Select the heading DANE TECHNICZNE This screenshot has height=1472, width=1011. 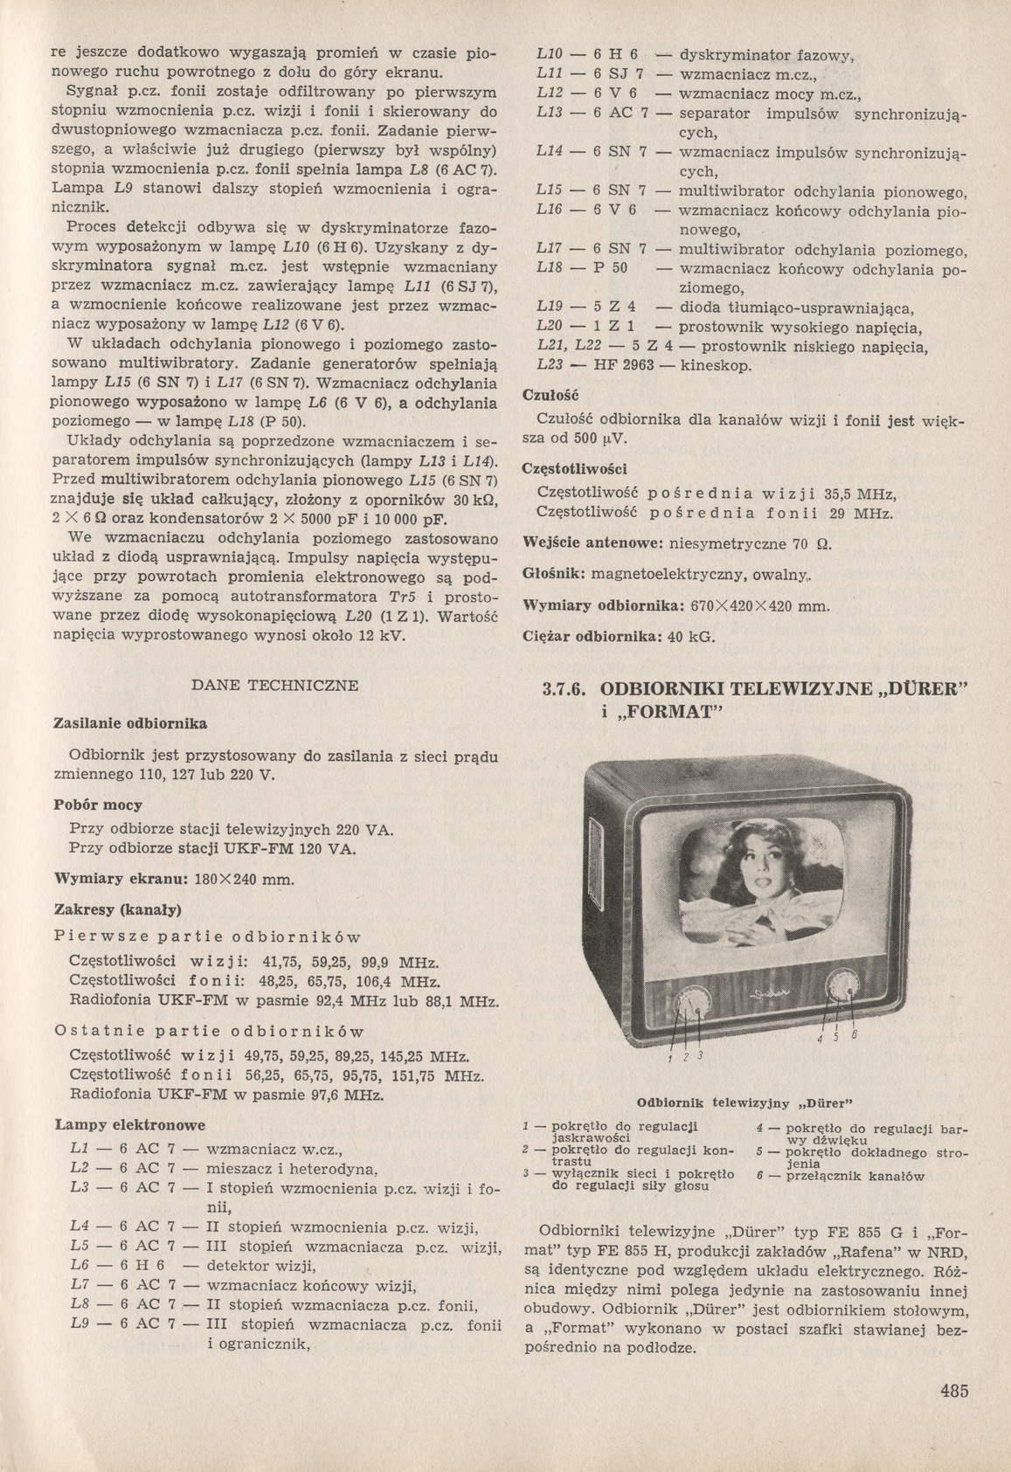(274, 685)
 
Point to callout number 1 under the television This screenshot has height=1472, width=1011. (669, 1060)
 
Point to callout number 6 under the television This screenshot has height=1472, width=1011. (854, 1036)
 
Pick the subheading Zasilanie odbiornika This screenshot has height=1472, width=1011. (130, 723)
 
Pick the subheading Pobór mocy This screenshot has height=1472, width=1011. (98, 805)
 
